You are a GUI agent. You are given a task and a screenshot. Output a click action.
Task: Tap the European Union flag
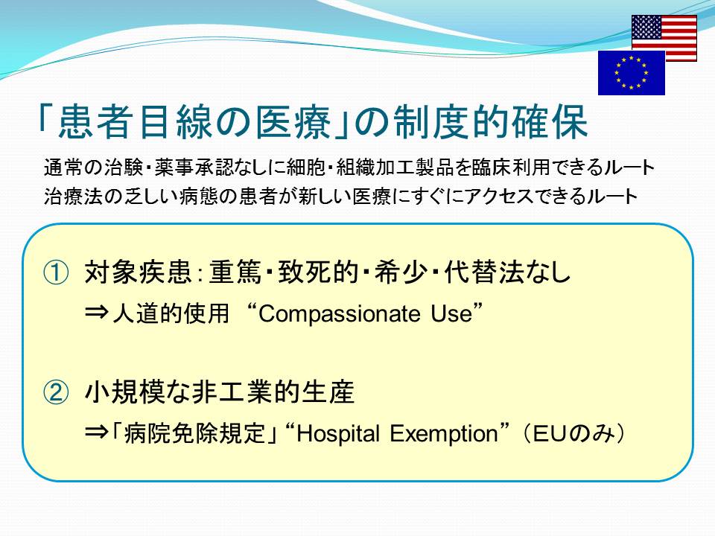632,73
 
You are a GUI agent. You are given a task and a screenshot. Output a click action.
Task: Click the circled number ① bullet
56,272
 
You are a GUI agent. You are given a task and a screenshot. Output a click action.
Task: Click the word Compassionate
340,314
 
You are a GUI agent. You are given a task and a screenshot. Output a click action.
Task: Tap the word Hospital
338,433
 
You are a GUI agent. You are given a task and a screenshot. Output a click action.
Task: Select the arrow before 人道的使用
97,313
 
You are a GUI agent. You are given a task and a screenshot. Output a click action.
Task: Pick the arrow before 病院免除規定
97,433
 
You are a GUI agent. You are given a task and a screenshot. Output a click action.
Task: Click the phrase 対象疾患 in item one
138,272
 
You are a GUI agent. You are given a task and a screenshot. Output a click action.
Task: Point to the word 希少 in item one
401,272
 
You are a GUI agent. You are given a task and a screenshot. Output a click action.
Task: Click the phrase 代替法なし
507,272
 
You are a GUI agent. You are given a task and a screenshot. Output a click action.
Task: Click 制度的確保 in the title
491,122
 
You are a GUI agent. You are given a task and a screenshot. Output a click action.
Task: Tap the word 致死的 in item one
318,272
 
